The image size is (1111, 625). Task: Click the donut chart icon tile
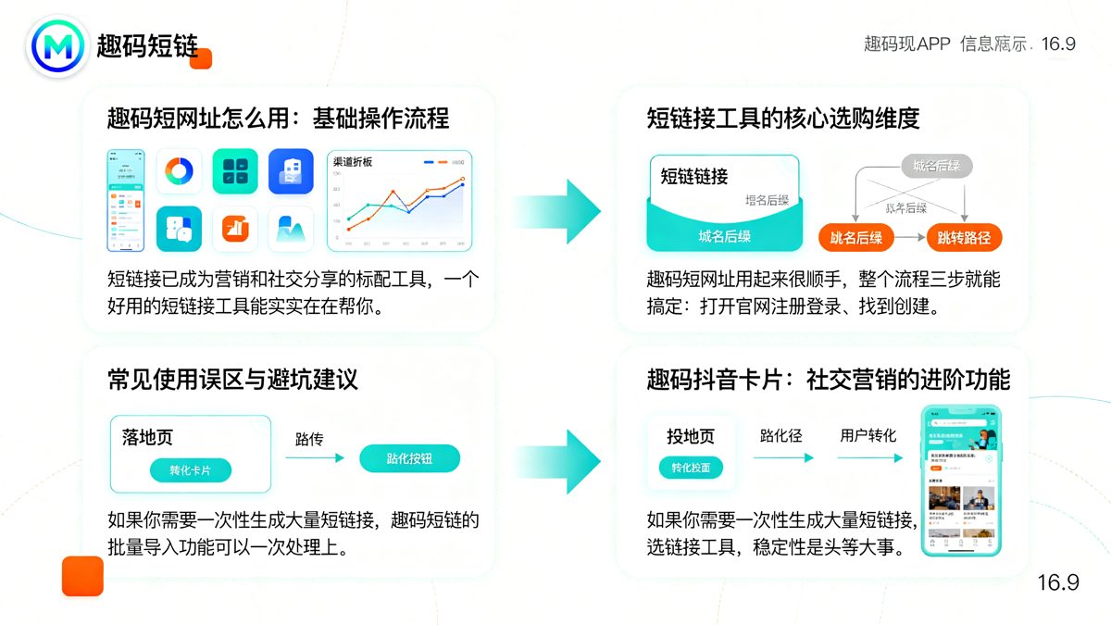pyautogui.click(x=179, y=171)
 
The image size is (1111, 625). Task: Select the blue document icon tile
pyautogui.click(x=291, y=171)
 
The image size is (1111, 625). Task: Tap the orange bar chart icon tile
pyautogui.click(x=235, y=228)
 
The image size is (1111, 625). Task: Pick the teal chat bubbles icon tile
pyautogui.click(x=179, y=228)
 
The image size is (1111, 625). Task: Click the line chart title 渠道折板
pyautogui.click(x=353, y=162)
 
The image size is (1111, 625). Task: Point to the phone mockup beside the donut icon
pyautogui.click(x=126, y=200)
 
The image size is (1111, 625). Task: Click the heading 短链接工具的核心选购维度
pyautogui.click(x=782, y=119)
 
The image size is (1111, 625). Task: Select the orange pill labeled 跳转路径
pyautogui.click(x=964, y=238)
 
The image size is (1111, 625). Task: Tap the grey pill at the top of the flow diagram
pyautogui.click(x=937, y=167)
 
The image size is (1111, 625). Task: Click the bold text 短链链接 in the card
pyautogui.click(x=694, y=177)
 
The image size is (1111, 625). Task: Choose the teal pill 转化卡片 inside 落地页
pyautogui.click(x=190, y=470)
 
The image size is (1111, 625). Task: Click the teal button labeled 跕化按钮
pyautogui.click(x=409, y=458)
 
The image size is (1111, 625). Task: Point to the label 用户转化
pyautogui.click(x=868, y=435)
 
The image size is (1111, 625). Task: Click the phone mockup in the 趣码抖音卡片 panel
pyautogui.click(x=960, y=481)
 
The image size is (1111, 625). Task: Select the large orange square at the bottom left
pyautogui.click(x=82, y=576)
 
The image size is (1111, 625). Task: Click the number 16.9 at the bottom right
pyautogui.click(x=1057, y=582)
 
